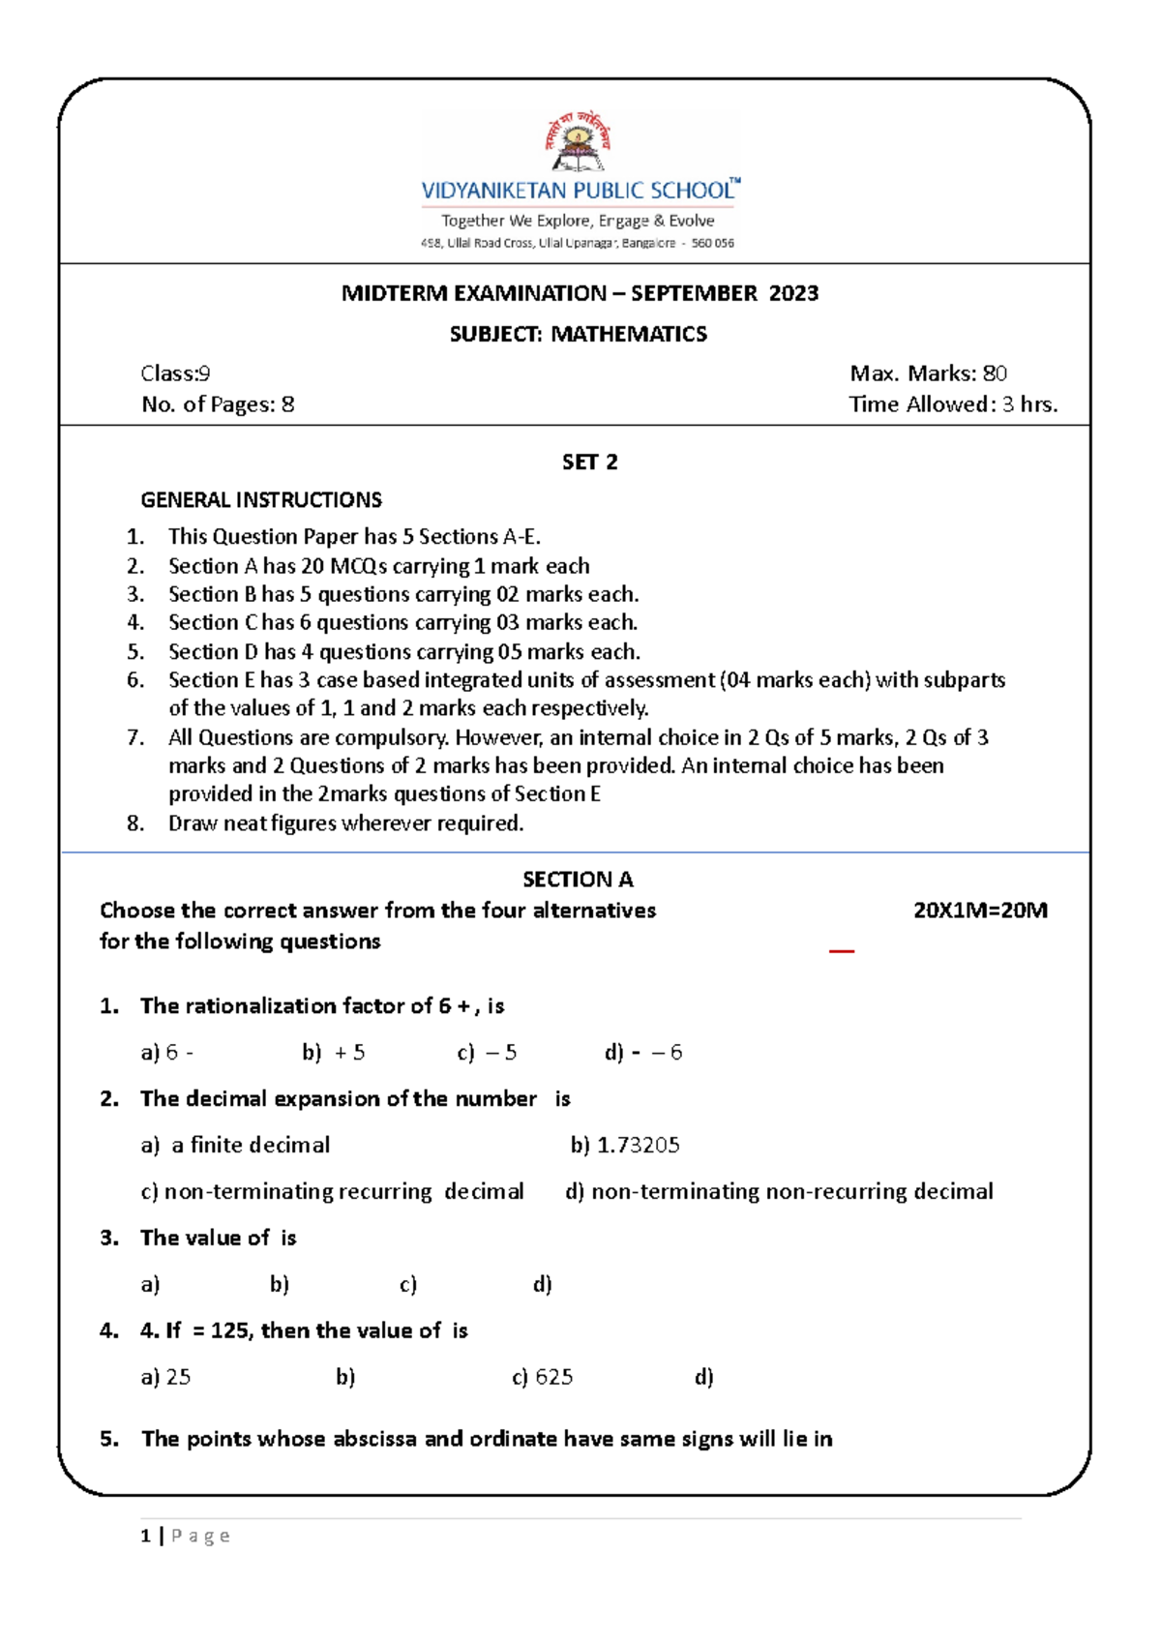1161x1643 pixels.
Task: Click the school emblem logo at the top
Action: tap(578, 143)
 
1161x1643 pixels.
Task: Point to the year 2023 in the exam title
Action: tap(793, 293)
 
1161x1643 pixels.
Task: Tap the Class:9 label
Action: tap(175, 373)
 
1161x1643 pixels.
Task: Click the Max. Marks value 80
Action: tap(995, 373)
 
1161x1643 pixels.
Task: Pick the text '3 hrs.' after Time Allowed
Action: tap(1029, 404)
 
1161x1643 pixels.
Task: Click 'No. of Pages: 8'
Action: tap(218, 404)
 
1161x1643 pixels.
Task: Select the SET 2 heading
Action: tap(589, 463)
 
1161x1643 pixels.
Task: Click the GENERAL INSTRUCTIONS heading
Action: tap(261, 500)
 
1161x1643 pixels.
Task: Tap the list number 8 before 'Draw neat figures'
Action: tap(135, 823)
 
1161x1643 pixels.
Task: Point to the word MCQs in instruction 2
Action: tap(358, 566)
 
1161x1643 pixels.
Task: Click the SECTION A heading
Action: tap(578, 880)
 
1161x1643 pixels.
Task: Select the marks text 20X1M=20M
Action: tap(980, 911)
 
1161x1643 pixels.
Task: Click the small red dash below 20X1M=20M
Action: tap(842, 951)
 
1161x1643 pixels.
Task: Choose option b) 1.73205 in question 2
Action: tap(625, 1146)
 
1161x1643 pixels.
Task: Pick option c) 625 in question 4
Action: tap(542, 1377)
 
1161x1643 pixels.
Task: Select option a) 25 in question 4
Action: tap(165, 1377)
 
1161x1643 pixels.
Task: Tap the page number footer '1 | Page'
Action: tap(185, 1536)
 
